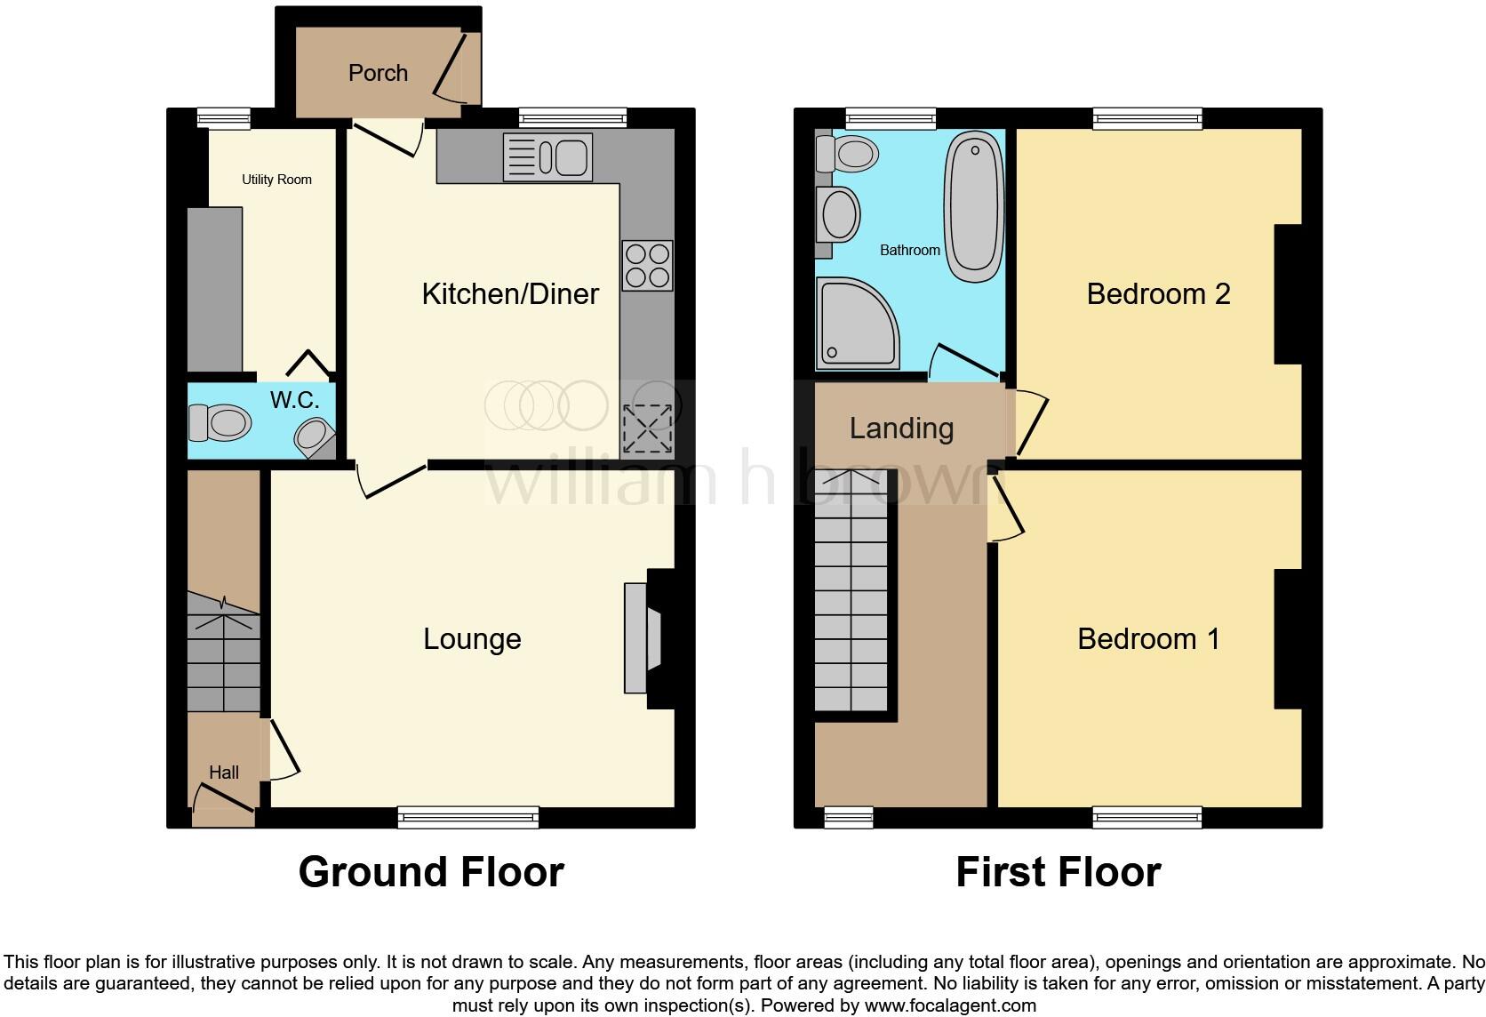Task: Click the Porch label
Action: (378, 73)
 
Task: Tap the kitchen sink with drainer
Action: (547, 157)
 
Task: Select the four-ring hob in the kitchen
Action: (647, 266)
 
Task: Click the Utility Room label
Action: (276, 180)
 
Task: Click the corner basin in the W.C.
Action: (313, 437)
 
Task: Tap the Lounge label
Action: (471, 639)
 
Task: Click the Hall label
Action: (224, 773)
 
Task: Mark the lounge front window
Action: (468, 817)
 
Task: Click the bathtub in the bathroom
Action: (974, 206)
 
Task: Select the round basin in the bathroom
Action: (839, 214)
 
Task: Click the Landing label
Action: (901, 428)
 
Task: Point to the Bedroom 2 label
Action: (1158, 294)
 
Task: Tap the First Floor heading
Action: (1058, 872)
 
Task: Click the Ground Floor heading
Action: (431, 872)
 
